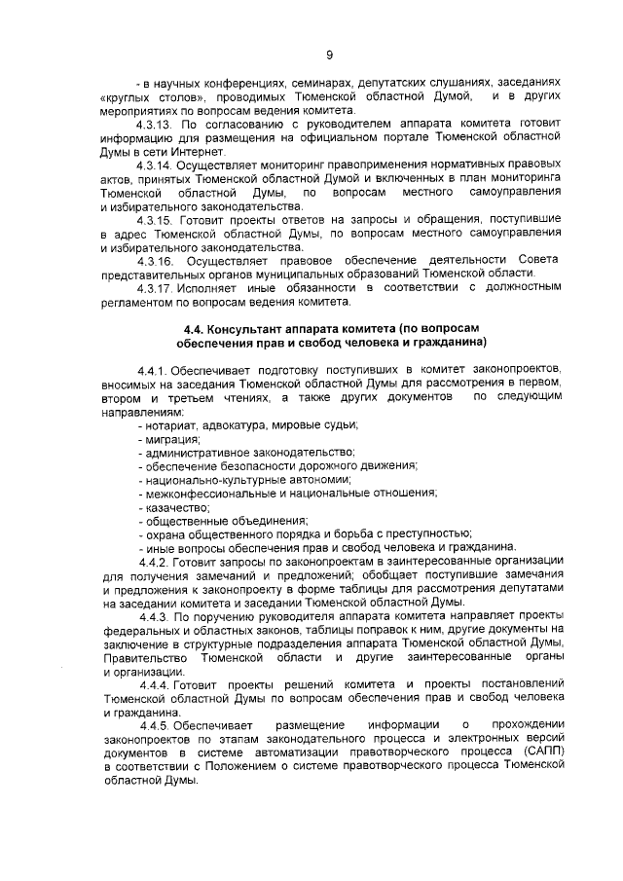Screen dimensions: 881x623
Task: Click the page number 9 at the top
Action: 329,39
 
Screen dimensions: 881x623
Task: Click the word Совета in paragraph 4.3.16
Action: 538,261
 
